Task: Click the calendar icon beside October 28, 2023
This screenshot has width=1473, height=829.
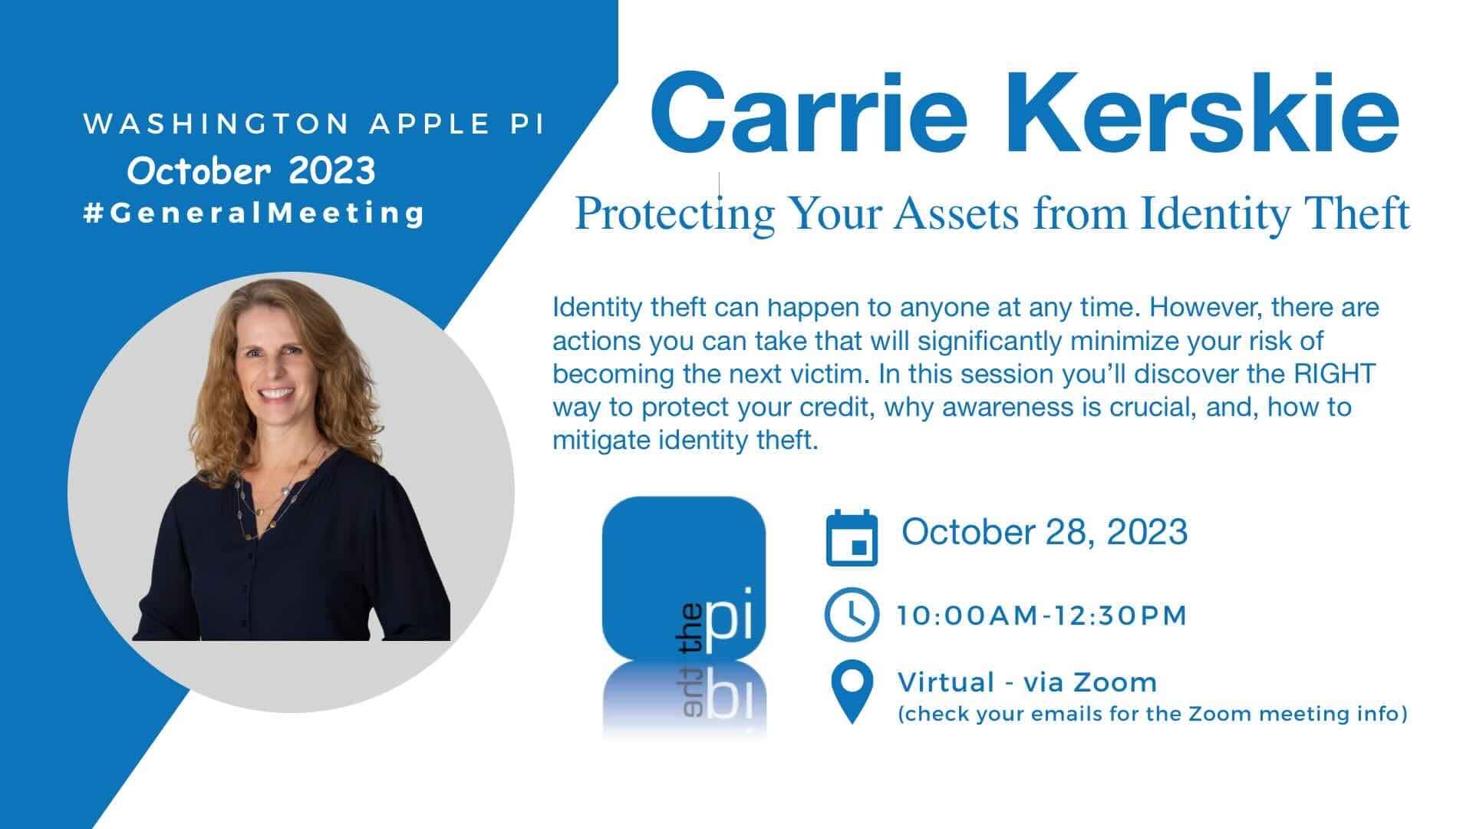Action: [x=852, y=537]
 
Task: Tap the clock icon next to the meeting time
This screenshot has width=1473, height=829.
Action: [x=852, y=614]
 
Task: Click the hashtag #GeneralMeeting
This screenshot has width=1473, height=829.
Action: [x=253, y=213]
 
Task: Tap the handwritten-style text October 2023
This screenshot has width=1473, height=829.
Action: [x=252, y=170]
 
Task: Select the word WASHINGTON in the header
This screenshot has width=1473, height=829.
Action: [x=217, y=124]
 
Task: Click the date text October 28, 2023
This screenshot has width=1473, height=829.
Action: [x=1044, y=532]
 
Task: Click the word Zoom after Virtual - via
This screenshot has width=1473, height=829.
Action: [x=1115, y=682]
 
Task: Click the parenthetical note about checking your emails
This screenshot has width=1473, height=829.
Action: [x=1153, y=715]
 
